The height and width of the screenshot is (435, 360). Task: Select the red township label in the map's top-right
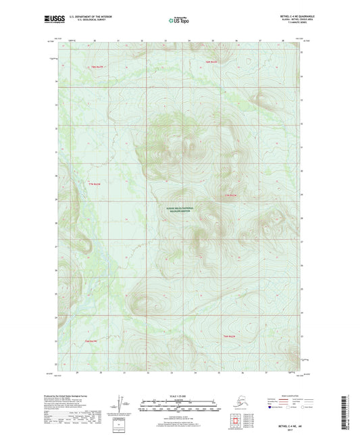tap(212, 62)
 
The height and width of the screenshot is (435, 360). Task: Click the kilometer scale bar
tap(177, 407)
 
